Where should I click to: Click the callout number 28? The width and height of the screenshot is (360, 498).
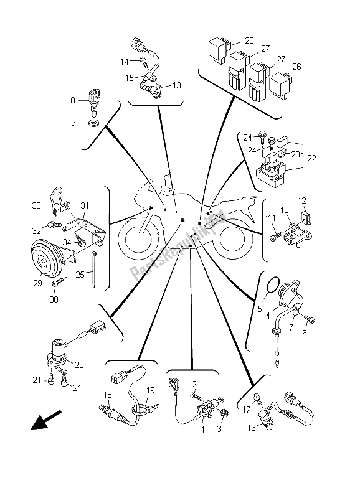click(x=249, y=40)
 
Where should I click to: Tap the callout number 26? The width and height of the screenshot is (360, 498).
click(x=296, y=67)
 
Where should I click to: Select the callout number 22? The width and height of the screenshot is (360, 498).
click(x=311, y=158)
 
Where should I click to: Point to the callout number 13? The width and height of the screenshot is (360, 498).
click(x=176, y=85)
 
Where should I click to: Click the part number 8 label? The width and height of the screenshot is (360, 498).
click(x=73, y=100)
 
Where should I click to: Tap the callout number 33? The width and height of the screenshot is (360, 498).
click(x=37, y=206)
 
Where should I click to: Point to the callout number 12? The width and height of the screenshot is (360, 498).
click(x=302, y=200)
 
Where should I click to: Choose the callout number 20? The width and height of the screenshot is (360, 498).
click(x=79, y=365)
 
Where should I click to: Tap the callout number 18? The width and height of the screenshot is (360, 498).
click(x=108, y=395)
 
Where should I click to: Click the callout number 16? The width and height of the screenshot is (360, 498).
click(x=252, y=428)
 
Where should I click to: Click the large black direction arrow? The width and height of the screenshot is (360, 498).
click(x=45, y=420)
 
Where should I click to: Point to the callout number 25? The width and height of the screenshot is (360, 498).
click(x=80, y=274)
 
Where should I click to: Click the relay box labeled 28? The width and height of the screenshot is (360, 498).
click(x=219, y=49)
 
